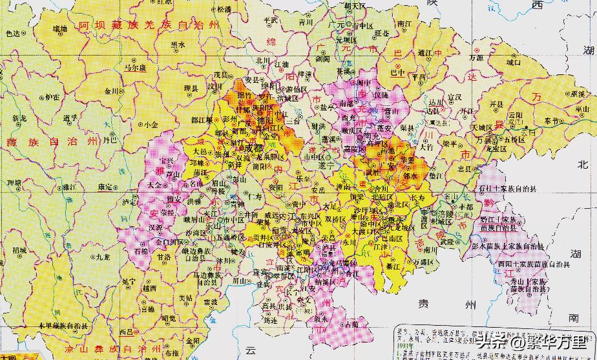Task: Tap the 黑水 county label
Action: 178,44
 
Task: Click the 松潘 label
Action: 224,10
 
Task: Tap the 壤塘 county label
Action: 59,28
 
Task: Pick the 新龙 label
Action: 19,119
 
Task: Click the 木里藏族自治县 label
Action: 71,324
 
